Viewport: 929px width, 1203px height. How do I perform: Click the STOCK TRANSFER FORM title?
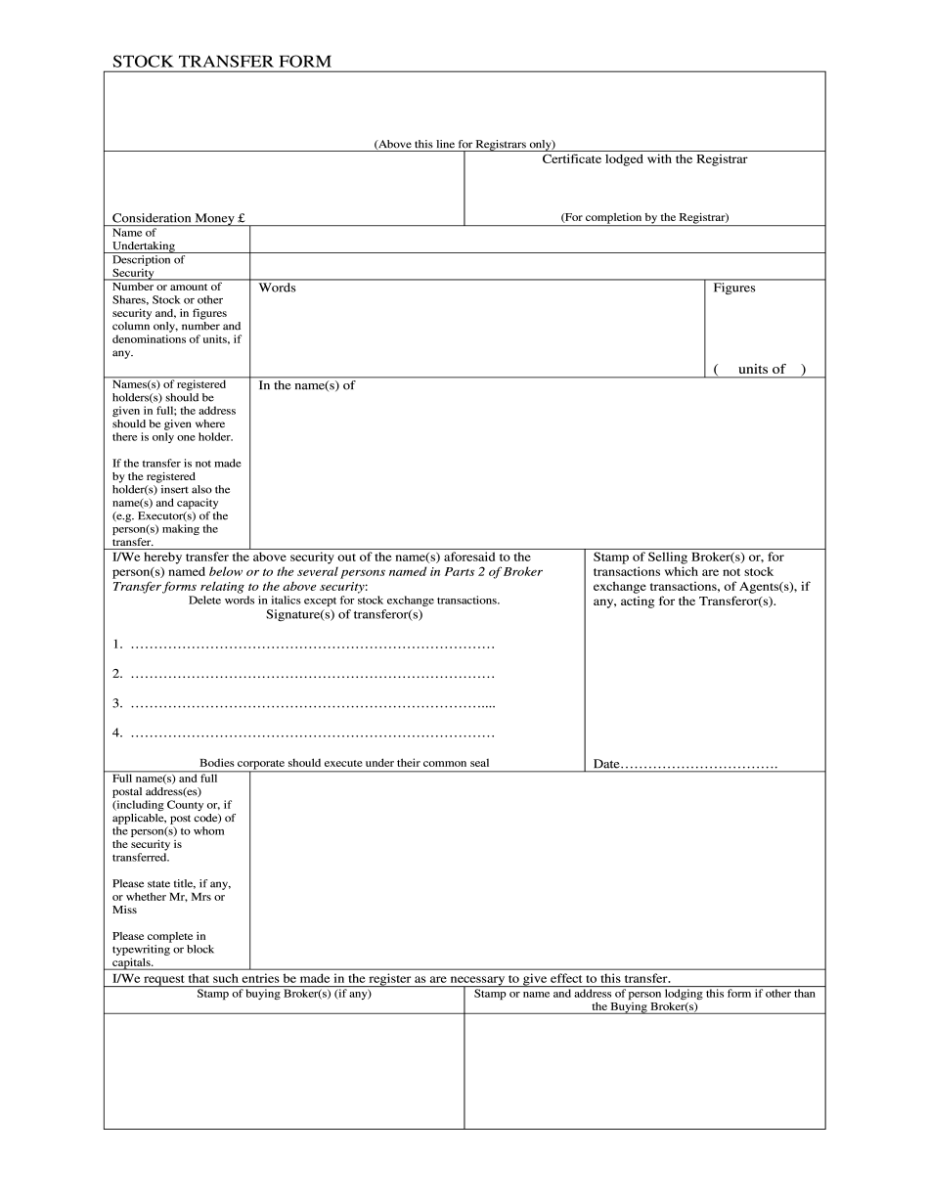[221, 62]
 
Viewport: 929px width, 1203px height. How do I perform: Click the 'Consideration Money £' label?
[178, 218]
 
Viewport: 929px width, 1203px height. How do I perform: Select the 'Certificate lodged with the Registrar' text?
[644, 158]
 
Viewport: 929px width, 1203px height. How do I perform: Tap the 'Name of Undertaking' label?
[143, 240]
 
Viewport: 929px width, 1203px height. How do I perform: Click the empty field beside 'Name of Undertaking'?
[537, 240]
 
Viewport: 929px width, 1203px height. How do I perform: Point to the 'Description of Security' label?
[148, 266]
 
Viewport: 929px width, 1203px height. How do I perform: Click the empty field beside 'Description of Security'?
[537, 266]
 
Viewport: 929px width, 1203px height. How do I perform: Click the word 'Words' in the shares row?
[277, 288]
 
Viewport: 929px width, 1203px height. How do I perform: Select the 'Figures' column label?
[733, 288]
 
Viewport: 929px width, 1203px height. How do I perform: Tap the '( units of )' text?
[760, 369]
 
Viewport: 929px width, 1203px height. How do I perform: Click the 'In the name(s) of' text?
[306, 385]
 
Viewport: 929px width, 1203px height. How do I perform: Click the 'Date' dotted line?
[698, 764]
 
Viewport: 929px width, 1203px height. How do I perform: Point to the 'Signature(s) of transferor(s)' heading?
[344, 614]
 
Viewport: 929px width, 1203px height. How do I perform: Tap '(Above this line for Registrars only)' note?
[464, 144]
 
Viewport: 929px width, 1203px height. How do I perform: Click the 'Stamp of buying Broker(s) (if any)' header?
[284, 994]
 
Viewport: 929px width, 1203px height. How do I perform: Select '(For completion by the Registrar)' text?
[644, 217]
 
